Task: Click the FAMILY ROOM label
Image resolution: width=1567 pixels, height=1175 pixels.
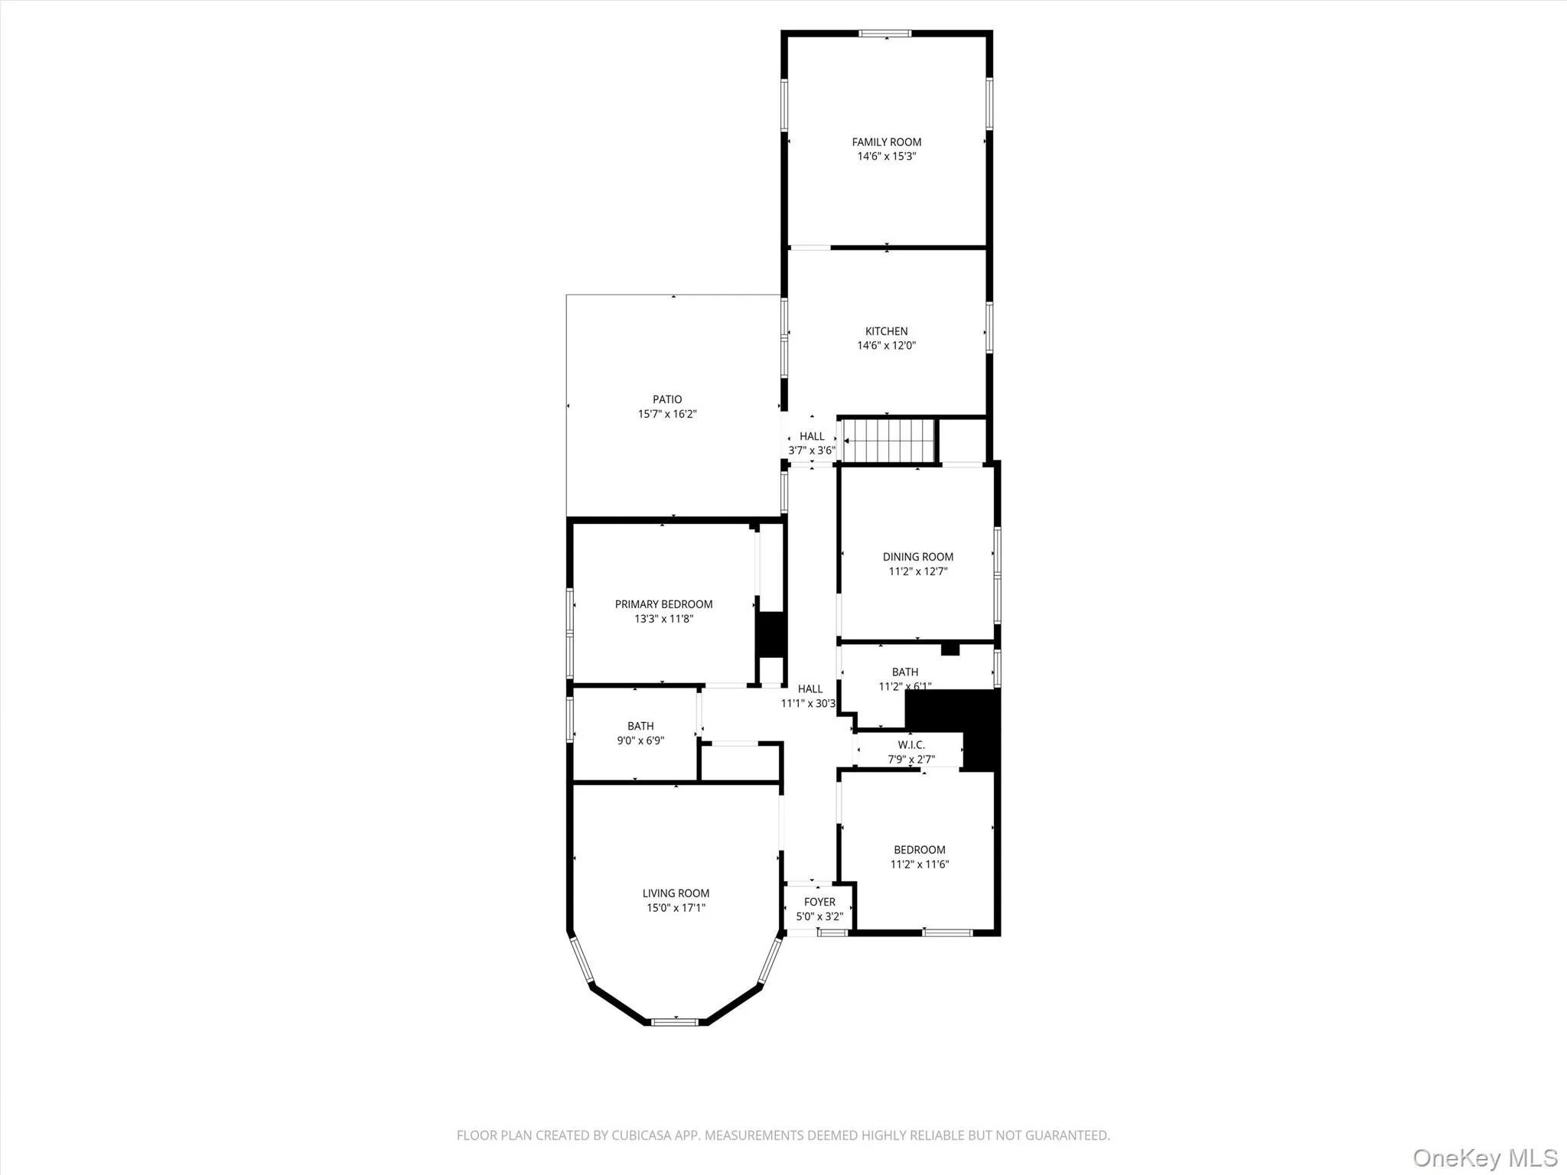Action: pyautogui.click(x=886, y=142)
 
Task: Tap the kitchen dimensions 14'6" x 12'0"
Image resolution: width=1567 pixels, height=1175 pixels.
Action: pyautogui.click(x=886, y=346)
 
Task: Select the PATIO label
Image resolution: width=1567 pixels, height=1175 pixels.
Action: pyautogui.click(x=667, y=399)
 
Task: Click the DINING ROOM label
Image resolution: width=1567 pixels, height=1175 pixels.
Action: pyautogui.click(x=917, y=557)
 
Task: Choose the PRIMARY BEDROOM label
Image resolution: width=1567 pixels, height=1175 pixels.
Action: pyautogui.click(x=663, y=604)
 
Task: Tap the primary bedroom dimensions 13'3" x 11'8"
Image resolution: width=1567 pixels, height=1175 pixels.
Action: pyautogui.click(x=663, y=619)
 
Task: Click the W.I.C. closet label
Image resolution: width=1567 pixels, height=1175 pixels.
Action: pyautogui.click(x=911, y=745)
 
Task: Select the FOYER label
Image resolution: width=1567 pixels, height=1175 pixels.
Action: pyautogui.click(x=819, y=902)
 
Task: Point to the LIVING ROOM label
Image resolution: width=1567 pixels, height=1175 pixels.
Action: pyautogui.click(x=676, y=893)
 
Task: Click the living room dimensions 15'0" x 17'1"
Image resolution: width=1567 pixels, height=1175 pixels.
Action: pyautogui.click(x=676, y=908)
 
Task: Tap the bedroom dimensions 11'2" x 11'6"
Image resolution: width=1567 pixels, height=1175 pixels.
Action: pyautogui.click(x=919, y=864)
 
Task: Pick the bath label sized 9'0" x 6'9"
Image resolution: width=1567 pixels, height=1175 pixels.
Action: pyautogui.click(x=640, y=726)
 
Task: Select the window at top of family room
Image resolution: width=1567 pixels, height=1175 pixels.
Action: pyautogui.click(x=885, y=34)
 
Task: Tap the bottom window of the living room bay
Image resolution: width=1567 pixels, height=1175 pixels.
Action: pyautogui.click(x=675, y=1021)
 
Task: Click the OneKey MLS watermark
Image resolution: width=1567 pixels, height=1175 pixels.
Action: pyautogui.click(x=1484, y=1157)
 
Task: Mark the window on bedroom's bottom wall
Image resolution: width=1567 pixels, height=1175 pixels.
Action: pyautogui.click(x=947, y=933)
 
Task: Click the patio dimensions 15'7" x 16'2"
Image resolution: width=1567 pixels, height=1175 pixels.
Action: pyautogui.click(x=667, y=414)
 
